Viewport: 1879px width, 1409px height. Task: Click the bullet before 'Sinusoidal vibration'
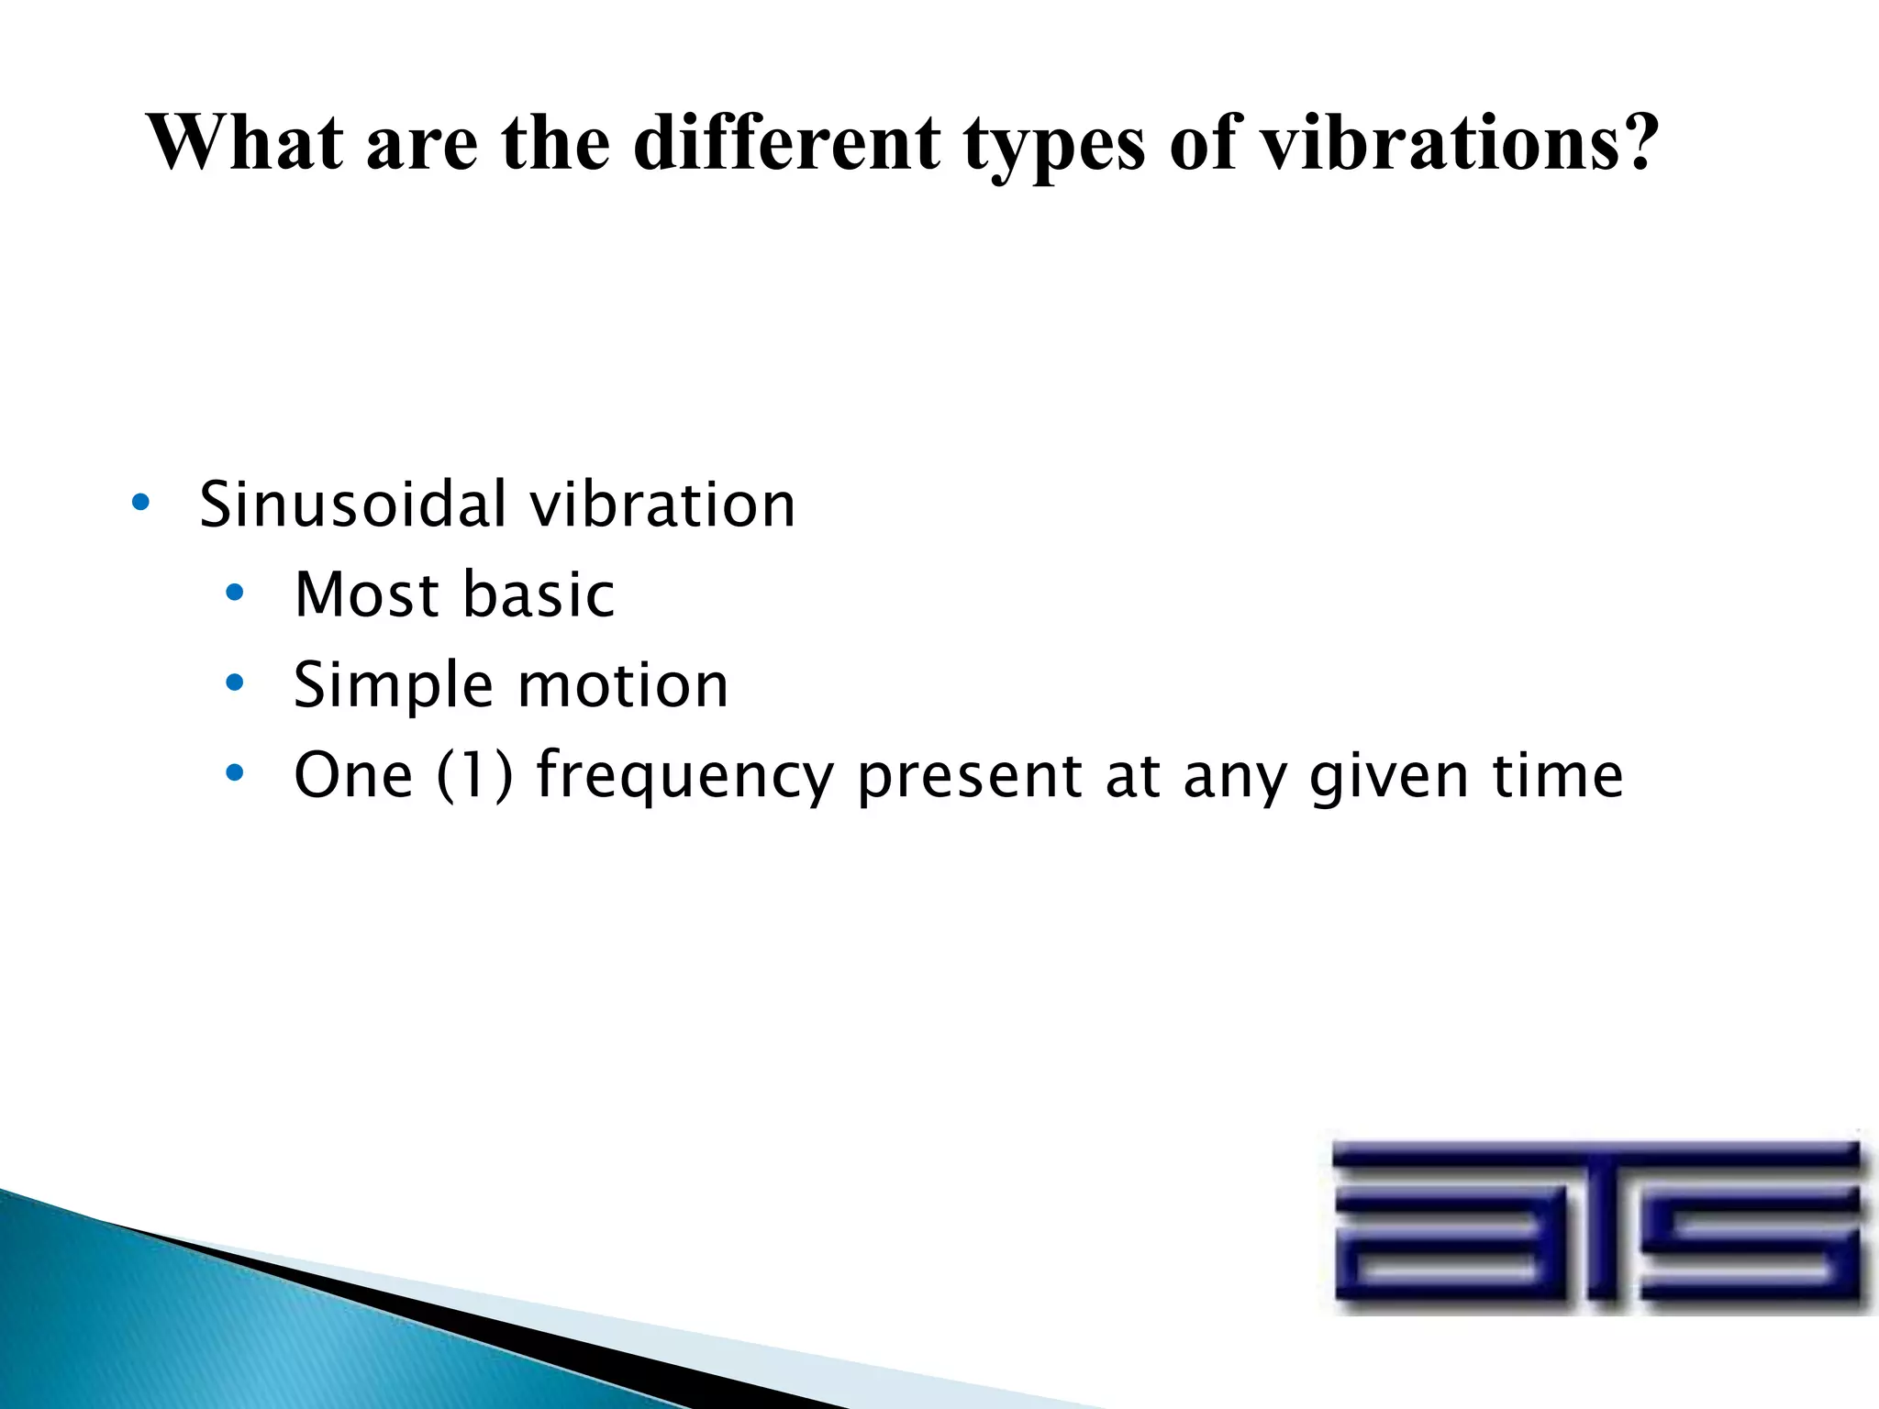coord(139,503)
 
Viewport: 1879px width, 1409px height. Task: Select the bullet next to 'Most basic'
coord(235,594)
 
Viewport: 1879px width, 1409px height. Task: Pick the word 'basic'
coord(539,594)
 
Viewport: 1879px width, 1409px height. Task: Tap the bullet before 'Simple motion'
coord(235,683)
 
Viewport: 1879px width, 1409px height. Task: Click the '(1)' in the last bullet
coord(474,775)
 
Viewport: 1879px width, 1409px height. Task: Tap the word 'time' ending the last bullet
coord(1557,775)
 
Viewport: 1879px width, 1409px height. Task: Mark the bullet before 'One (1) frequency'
coord(235,773)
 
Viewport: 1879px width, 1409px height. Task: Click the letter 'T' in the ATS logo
coord(1597,1225)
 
